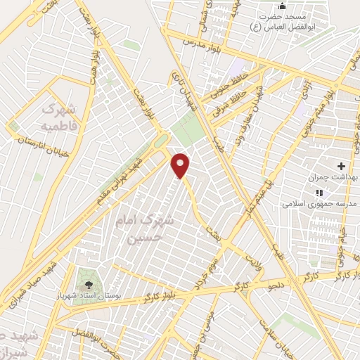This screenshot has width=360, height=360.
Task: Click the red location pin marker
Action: point(181,165)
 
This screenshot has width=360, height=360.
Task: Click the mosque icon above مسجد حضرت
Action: point(282,6)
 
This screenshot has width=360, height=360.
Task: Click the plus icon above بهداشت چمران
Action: point(341,167)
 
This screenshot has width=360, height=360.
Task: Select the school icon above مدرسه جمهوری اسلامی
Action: point(319,192)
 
